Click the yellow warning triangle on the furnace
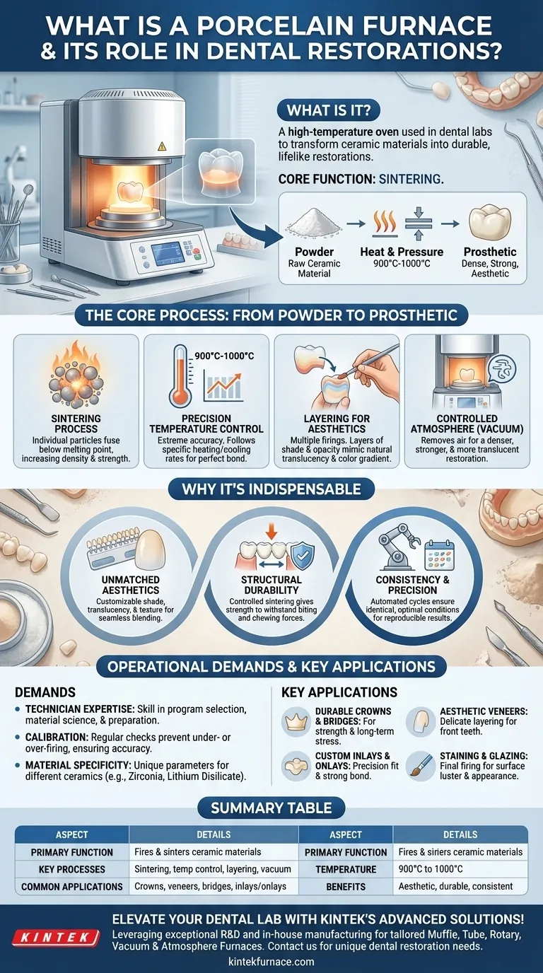[x=162, y=146]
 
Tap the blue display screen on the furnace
[x=168, y=254]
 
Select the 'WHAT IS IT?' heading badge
[x=329, y=111]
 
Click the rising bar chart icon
[x=223, y=387]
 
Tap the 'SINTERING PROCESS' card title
[x=76, y=424]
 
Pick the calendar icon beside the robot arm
[x=439, y=554]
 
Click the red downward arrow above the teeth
[x=271, y=530]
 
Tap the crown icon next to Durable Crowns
[x=296, y=721]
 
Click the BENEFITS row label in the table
[x=346, y=887]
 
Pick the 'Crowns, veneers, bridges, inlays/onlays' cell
[x=210, y=887]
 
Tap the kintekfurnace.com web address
[x=271, y=962]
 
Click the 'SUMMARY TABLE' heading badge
[x=271, y=808]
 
